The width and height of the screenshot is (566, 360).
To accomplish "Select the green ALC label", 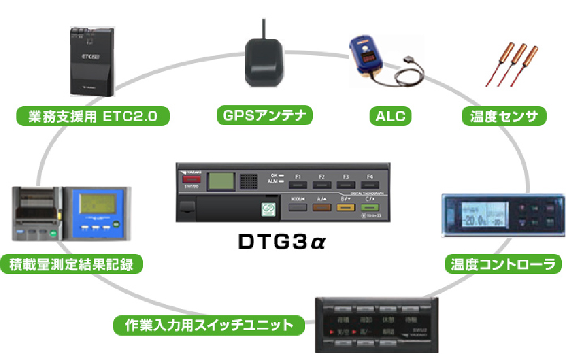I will click(x=391, y=117).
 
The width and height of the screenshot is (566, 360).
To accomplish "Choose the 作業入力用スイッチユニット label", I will click(x=209, y=325).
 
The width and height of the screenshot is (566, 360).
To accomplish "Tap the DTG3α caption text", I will click(x=282, y=243).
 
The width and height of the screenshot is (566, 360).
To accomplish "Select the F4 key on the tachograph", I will click(x=370, y=184).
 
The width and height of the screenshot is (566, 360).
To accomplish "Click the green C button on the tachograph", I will click(x=370, y=207).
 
